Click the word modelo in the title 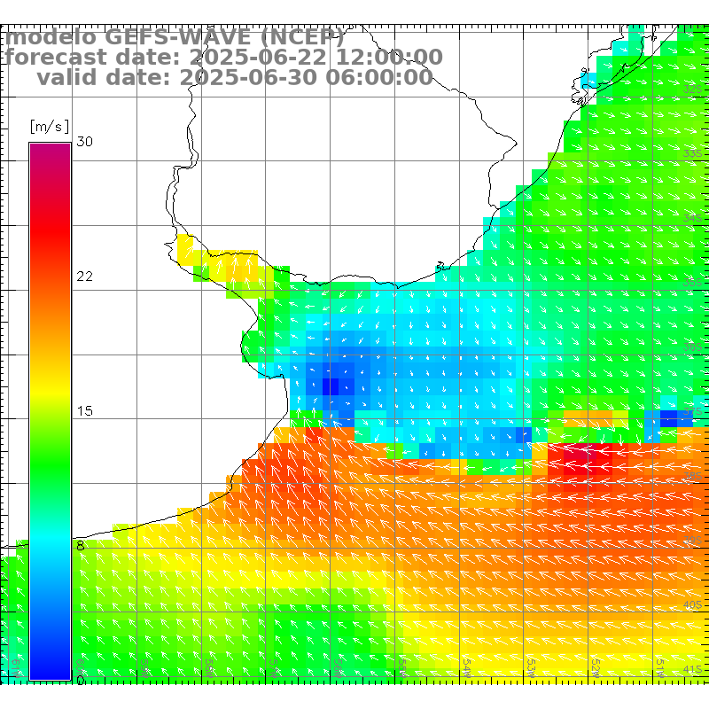51,38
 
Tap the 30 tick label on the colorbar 85,142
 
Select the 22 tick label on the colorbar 85,277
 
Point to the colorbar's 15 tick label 85,411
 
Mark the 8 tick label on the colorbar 81,546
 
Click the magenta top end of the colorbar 50,149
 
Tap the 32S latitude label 693,90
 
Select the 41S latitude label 693,669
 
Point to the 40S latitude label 693,604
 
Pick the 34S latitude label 693,218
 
